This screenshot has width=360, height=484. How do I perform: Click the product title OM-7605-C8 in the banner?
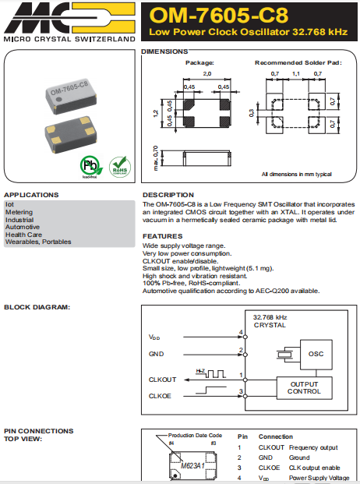pos(217,16)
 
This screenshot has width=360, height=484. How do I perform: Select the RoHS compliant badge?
pos(118,167)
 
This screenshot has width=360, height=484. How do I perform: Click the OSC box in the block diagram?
pos(316,354)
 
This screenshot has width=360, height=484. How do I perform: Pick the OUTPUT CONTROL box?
pos(304,387)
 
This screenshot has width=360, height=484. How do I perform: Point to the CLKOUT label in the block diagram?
pos(163,380)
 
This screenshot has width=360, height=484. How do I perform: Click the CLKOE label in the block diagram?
pos(160,395)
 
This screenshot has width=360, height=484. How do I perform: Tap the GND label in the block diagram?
pos(156,354)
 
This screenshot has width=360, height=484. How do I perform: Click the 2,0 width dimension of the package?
pos(206,72)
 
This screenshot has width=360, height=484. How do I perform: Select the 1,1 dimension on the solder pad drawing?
pos(295,72)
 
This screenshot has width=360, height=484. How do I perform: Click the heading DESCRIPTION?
pos(168,195)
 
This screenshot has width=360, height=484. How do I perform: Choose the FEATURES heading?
pos(163,236)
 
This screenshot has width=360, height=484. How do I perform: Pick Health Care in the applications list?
pos(23,235)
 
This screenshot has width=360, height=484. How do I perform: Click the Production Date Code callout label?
pos(196,436)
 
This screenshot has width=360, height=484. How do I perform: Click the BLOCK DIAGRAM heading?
pos(37,307)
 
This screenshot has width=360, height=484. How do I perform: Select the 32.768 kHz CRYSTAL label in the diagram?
pos(270,321)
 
